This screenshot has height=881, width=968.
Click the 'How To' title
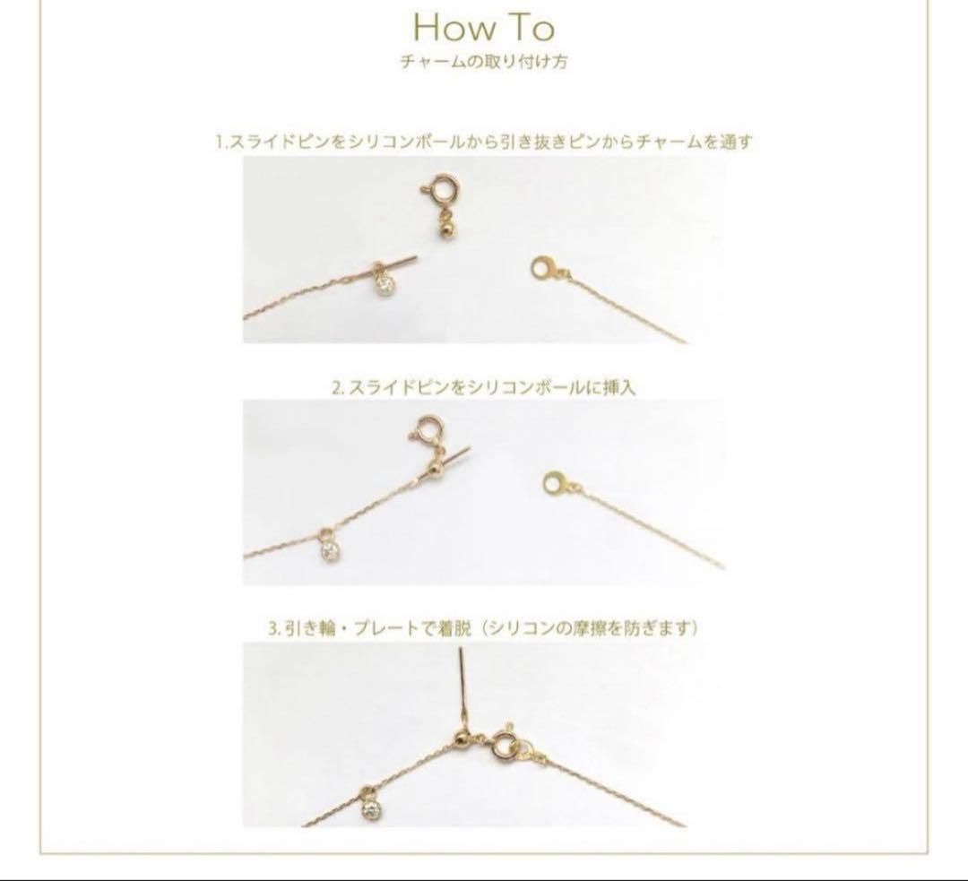pyautogui.click(x=483, y=28)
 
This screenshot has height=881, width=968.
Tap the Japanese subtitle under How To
pyautogui.click(x=483, y=62)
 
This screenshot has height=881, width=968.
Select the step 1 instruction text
pyautogui.click(x=484, y=142)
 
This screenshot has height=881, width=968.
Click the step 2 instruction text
pyautogui.click(x=483, y=388)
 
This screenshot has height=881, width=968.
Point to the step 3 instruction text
pyautogui.click(x=483, y=628)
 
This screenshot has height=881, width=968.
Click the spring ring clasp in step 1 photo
pyautogui.click(x=435, y=194)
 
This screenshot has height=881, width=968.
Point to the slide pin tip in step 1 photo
pyautogui.click(x=418, y=257)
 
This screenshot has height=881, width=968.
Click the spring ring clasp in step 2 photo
pyautogui.click(x=426, y=429)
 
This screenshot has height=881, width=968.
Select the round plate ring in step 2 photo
pyautogui.click(x=555, y=482)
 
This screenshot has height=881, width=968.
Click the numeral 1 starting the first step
pyautogui.click(x=220, y=143)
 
